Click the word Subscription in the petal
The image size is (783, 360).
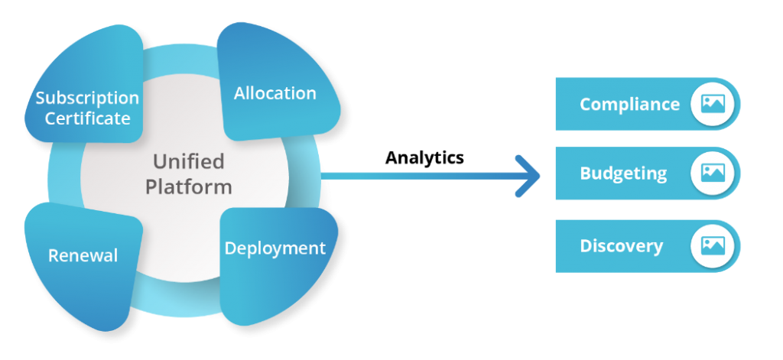click(87, 99)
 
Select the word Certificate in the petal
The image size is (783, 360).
click(87, 118)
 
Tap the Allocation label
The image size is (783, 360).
click(275, 93)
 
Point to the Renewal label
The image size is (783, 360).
click(83, 255)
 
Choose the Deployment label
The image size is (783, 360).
click(275, 248)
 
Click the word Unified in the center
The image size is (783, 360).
click(188, 161)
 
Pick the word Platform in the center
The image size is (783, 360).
click(188, 186)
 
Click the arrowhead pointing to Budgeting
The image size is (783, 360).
click(530, 177)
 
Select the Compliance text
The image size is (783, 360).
click(629, 104)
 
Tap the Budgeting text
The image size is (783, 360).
click(623, 174)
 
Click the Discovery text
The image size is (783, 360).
click(621, 246)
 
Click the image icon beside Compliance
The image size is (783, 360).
click(713, 104)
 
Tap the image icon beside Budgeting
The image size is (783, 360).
click(713, 174)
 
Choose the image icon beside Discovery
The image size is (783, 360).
click(713, 245)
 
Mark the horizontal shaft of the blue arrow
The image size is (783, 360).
click(421, 177)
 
